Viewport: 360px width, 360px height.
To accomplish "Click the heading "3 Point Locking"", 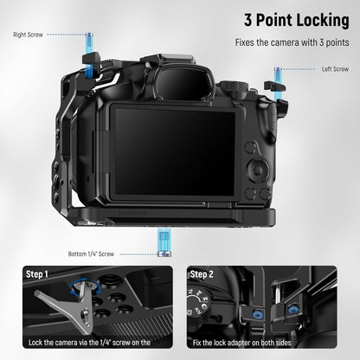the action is [297, 21].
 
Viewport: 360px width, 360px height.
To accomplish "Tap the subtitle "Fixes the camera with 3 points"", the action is [292, 42].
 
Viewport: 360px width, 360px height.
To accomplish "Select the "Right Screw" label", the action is [28, 35].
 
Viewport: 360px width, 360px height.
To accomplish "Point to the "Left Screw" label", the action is [335, 69].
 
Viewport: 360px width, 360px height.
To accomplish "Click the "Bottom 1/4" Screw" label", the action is [91, 254].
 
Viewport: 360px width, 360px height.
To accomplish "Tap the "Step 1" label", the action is [37, 274].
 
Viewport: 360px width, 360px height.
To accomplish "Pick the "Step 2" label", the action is [202, 274].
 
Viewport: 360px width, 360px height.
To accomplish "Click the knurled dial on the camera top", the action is [234, 86].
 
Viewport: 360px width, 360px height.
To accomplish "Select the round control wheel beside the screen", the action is [258, 170].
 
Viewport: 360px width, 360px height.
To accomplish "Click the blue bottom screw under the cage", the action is [164, 242].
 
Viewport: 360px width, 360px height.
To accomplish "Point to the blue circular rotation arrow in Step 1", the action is [85, 286].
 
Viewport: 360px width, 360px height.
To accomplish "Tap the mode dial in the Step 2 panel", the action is [199, 302].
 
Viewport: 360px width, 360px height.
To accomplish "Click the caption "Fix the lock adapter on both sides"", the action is [241, 343].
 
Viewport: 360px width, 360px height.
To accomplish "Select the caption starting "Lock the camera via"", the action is [89, 343].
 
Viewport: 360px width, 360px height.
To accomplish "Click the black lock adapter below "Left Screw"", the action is [274, 86].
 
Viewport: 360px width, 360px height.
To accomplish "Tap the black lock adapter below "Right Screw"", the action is [91, 61].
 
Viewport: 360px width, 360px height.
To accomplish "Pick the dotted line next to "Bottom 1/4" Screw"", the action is [139, 254].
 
